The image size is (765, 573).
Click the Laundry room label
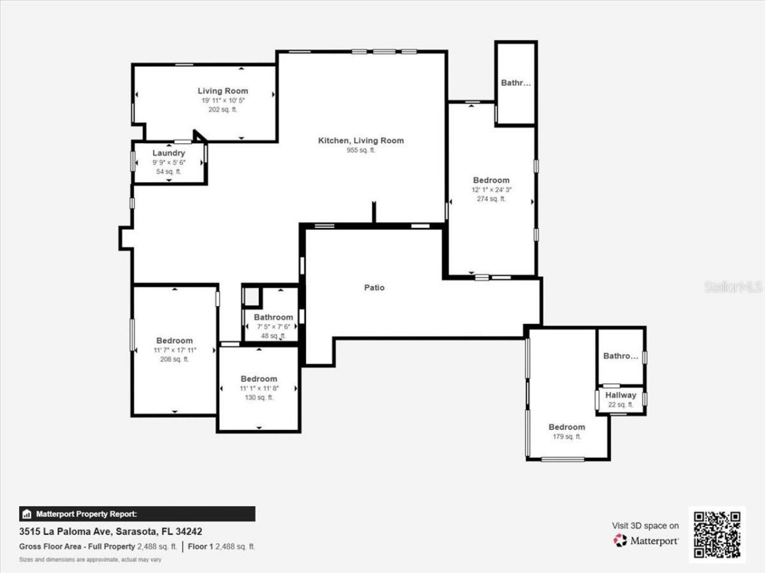click(169, 153)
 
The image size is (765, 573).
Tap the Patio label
click(374, 288)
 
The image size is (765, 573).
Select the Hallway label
click(620, 395)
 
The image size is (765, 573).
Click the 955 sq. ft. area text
click(361, 150)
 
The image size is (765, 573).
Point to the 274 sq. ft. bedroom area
click(491, 199)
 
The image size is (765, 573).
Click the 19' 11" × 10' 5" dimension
click(223, 101)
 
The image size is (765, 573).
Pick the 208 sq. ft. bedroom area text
click(175, 359)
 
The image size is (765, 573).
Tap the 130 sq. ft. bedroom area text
click(259, 398)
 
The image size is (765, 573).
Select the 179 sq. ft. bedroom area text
click(567, 437)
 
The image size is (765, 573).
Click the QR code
click(717, 534)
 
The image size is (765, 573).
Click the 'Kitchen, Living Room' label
click(361, 141)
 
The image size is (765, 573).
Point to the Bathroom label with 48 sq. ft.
click(273, 318)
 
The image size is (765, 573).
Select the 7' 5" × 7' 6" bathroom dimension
click(273, 327)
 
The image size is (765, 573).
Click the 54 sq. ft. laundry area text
click(169, 172)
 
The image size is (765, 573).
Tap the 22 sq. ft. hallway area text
click(620, 405)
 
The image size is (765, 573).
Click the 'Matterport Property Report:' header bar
click(137, 514)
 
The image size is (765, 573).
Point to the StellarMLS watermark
click(733, 288)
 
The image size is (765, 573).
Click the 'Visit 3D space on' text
click(645, 526)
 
